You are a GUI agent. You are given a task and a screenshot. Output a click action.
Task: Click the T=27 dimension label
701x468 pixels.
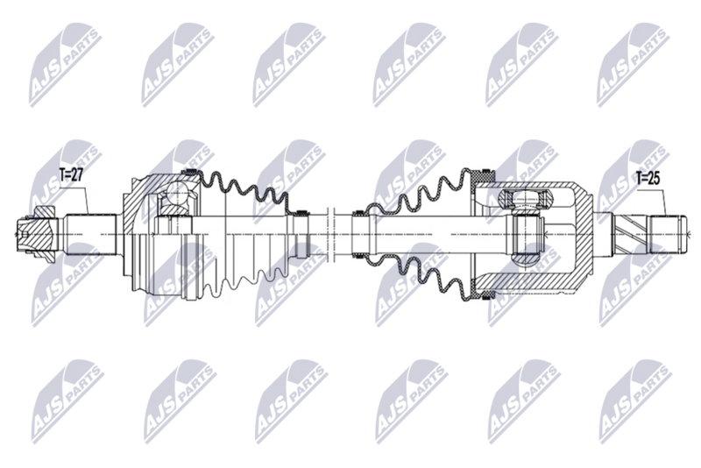(x=70, y=175)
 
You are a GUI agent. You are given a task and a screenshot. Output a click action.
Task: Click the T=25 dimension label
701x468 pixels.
(x=647, y=178)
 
